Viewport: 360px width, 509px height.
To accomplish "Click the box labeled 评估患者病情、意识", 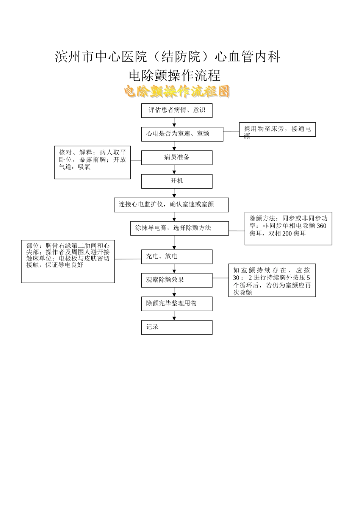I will click(177, 111).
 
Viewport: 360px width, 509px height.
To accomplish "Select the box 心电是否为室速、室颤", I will click(182, 134).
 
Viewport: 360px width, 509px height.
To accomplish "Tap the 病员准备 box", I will click(177, 158).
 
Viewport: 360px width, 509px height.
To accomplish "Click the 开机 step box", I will click(177, 181).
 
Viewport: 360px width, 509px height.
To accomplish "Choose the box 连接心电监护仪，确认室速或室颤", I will click(171, 205).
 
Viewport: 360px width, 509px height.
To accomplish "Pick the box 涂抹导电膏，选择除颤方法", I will click(179, 228).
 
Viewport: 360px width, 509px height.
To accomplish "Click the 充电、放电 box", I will click(177, 256).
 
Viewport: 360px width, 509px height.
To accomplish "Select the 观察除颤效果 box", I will click(177, 280).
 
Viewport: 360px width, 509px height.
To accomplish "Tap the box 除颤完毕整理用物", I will click(177, 304).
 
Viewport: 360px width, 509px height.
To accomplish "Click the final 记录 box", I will click(177, 327).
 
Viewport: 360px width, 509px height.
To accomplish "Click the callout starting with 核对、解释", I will click(92, 162).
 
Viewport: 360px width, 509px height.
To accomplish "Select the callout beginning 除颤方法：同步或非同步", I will click(288, 228).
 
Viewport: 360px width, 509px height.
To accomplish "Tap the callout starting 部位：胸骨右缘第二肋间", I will click(68, 261).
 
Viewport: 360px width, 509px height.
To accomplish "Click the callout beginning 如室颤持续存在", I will click(272, 280).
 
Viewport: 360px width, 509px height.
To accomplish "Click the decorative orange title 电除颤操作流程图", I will click(177, 91).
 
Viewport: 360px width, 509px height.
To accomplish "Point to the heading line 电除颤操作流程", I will click(175, 75).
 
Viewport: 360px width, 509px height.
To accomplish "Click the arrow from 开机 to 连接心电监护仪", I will click(174, 193).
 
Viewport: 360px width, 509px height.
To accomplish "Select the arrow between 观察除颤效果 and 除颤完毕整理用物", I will click(174, 292).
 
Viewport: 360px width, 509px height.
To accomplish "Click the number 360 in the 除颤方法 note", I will click(321, 226).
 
